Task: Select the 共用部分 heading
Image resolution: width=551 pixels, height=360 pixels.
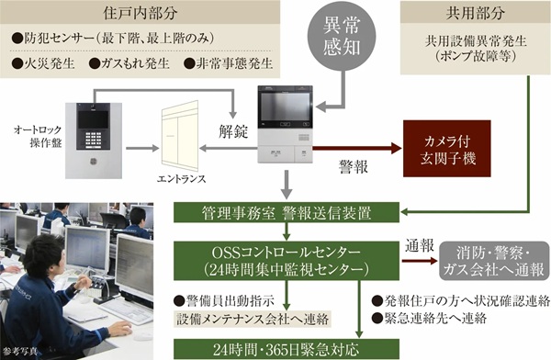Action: [474, 14]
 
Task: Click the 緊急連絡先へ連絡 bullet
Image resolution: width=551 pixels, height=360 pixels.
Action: [423, 318]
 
